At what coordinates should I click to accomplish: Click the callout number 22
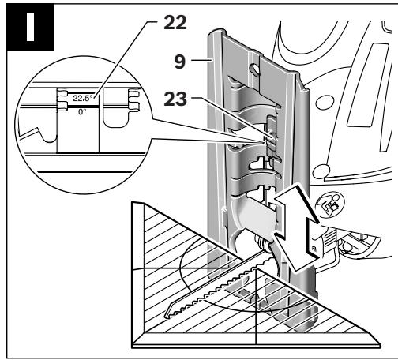pyautogui.click(x=175, y=23)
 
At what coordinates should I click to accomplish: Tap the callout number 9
pyautogui.click(x=180, y=62)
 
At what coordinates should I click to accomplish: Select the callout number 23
pyautogui.click(x=175, y=99)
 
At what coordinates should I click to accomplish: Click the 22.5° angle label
pyautogui.click(x=83, y=98)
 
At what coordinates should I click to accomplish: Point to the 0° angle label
pyautogui.click(x=82, y=112)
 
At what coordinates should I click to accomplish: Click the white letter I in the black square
pyautogui.click(x=30, y=27)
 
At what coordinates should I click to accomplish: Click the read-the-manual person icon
pyautogui.click(x=329, y=204)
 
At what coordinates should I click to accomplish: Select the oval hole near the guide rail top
pyautogui.click(x=254, y=69)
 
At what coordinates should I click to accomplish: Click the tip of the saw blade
pyautogui.click(x=166, y=316)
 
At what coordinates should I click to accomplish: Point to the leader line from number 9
pyautogui.click(x=201, y=60)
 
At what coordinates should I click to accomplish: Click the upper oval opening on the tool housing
pyautogui.click(x=325, y=103)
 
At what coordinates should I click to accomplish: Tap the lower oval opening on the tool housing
pyautogui.click(x=321, y=171)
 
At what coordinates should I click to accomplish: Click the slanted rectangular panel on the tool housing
pyautogui.click(x=368, y=85)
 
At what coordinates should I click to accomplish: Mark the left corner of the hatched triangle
pyautogui.click(x=133, y=203)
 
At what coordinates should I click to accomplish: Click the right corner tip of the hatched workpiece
pyautogui.click(x=380, y=344)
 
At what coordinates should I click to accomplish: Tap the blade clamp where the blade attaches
pyautogui.click(x=263, y=243)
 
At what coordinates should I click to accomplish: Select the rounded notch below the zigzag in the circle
pyautogui.click(x=48, y=136)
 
